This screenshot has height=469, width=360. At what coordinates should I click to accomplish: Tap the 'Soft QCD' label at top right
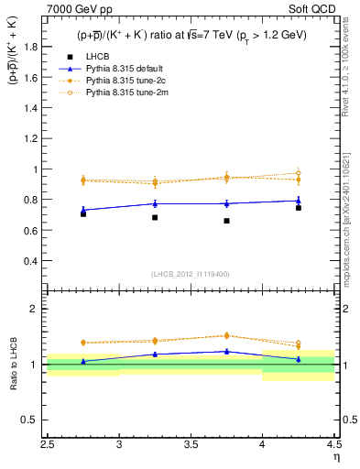[314, 9]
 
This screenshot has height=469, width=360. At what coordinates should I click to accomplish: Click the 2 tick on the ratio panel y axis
[34, 309]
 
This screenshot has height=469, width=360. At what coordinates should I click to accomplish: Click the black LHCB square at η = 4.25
[298, 208]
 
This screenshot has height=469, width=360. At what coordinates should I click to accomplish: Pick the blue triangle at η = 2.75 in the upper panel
[83, 210]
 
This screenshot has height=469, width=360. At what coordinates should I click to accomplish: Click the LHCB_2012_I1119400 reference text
[191, 273]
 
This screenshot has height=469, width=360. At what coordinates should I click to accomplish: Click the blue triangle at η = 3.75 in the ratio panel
[226, 351]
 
